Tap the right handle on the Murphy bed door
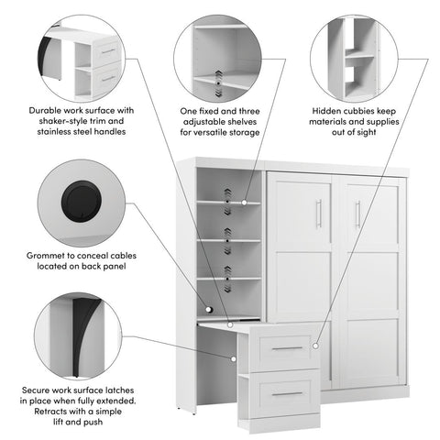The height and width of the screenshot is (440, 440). tap(357, 215)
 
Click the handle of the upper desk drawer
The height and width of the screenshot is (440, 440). tap(287, 347)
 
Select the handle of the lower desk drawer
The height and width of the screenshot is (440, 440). tap(287, 393)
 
